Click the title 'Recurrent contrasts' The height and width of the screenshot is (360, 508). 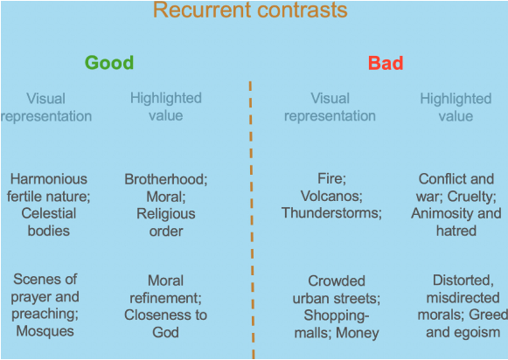pyautogui.click(x=250, y=10)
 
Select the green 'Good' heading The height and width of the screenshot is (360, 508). pyautogui.click(x=109, y=63)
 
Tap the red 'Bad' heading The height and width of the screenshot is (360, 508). pyautogui.click(x=386, y=63)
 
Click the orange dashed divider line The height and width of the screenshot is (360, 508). pyautogui.click(x=252, y=220)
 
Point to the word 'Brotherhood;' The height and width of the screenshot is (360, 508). pyautogui.click(x=166, y=179)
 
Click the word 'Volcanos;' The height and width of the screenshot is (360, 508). pyautogui.click(x=331, y=196)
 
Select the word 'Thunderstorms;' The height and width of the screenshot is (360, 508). pyautogui.click(x=331, y=213)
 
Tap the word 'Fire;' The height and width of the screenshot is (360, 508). pyautogui.click(x=331, y=179)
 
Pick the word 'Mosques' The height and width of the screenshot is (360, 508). pyautogui.click(x=45, y=331)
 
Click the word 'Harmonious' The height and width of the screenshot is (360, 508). pyautogui.click(x=49, y=179)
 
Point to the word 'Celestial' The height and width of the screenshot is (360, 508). pyautogui.click(x=49, y=213)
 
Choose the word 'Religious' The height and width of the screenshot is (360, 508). pyautogui.click(x=166, y=214)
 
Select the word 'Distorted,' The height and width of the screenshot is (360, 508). pyautogui.click(x=463, y=280)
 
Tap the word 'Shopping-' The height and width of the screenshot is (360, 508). pyautogui.click(x=337, y=315)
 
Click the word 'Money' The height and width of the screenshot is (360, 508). pyautogui.click(x=358, y=333)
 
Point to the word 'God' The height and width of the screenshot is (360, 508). pyautogui.click(x=165, y=333)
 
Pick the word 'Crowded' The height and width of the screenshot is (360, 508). pyautogui.click(x=337, y=281)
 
